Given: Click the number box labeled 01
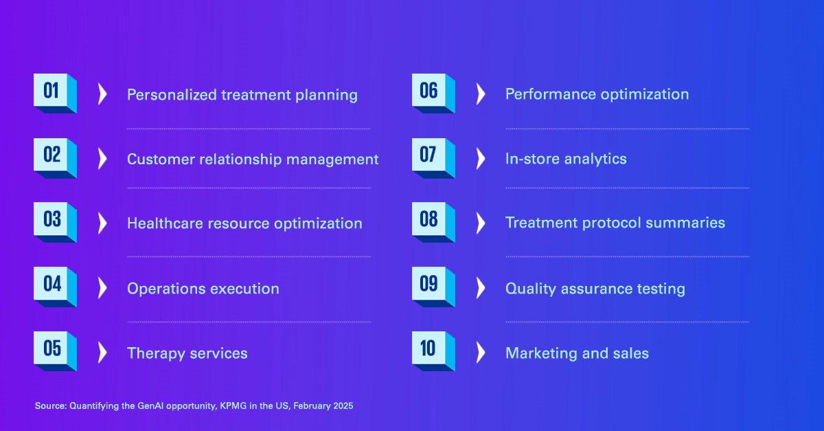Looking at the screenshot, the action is [x=55, y=93].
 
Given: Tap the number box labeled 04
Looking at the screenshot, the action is [x=55, y=287].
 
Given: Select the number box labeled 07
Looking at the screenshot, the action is [x=433, y=158].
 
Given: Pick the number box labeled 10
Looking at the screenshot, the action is [x=433, y=351].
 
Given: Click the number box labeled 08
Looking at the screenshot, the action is [x=433, y=222].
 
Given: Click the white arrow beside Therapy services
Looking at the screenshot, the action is [x=102, y=353].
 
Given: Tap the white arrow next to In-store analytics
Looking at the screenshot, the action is [x=481, y=159].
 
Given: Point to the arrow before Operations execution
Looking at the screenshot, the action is [x=102, y=288].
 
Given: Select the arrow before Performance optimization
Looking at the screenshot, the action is [x=481, y=94].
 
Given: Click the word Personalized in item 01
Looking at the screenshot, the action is [x=172, y=95].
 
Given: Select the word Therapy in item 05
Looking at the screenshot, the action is [x=156, y=353].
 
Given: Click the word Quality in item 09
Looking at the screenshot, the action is [x=530, y=289].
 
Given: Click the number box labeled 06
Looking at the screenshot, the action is [x=433, y=93].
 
